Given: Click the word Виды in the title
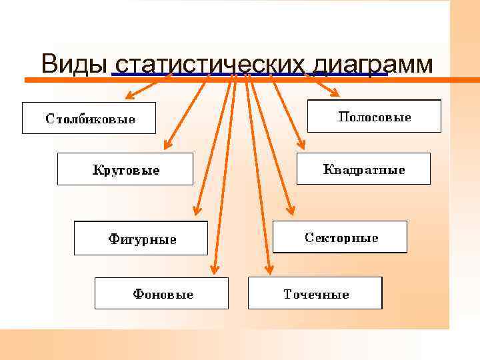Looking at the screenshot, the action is [x=74, y=64].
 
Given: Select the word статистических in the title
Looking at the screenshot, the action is [x=210, y=65].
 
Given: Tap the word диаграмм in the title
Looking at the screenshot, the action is [x=373, y=65].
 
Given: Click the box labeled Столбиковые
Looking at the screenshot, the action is [x=89, y=118].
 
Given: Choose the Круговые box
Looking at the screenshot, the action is [x=125, y=169].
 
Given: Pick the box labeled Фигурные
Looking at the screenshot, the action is [x=141, y=238].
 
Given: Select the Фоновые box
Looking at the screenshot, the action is [x=161, y=293].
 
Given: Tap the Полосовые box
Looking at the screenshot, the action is [x=374, y=116].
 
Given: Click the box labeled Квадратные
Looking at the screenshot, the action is [x=363, y=169].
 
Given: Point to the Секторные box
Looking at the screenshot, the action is [x=340, y=237].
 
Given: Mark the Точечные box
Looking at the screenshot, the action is [x=315, y=293].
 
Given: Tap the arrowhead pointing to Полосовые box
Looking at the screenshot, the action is [x=335, y=93].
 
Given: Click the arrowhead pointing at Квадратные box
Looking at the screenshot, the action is [x=301, y=145].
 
